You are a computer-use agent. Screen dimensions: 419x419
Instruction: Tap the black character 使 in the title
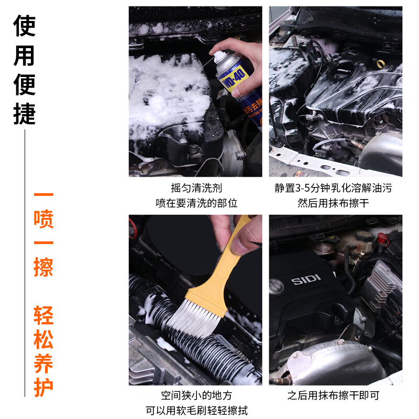click(25, 25)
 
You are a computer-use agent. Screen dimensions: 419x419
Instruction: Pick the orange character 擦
click(43, 268)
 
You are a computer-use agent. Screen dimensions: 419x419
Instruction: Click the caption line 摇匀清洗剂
click(196, 188)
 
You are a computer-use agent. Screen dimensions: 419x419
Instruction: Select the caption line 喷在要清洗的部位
click(196, 203)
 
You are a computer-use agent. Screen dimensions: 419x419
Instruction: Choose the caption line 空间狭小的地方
click(196, 395)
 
